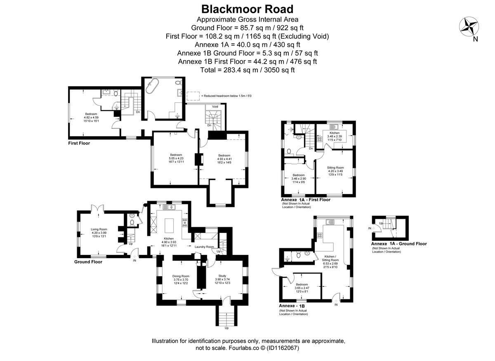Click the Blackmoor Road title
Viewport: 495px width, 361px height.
tap(247, 9)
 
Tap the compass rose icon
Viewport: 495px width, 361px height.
tap(469, 27)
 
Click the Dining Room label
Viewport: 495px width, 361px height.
tap(181, 276)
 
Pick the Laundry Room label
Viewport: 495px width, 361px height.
tap(205, 247)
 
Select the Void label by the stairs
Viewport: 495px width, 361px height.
tap(215, 107)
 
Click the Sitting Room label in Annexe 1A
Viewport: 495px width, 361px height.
tap(335, 168)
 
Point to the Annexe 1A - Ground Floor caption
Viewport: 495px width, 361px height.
tap(399, 244)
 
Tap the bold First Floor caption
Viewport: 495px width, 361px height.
tap(79, 143)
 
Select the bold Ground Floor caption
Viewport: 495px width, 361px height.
tap(88, 262)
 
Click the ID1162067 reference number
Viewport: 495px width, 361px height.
tap(283, 348)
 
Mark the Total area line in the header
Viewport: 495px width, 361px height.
tap(247, 70)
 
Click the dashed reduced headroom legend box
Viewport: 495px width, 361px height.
tap(193, 96)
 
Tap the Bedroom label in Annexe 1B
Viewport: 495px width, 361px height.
tap(302, 284)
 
